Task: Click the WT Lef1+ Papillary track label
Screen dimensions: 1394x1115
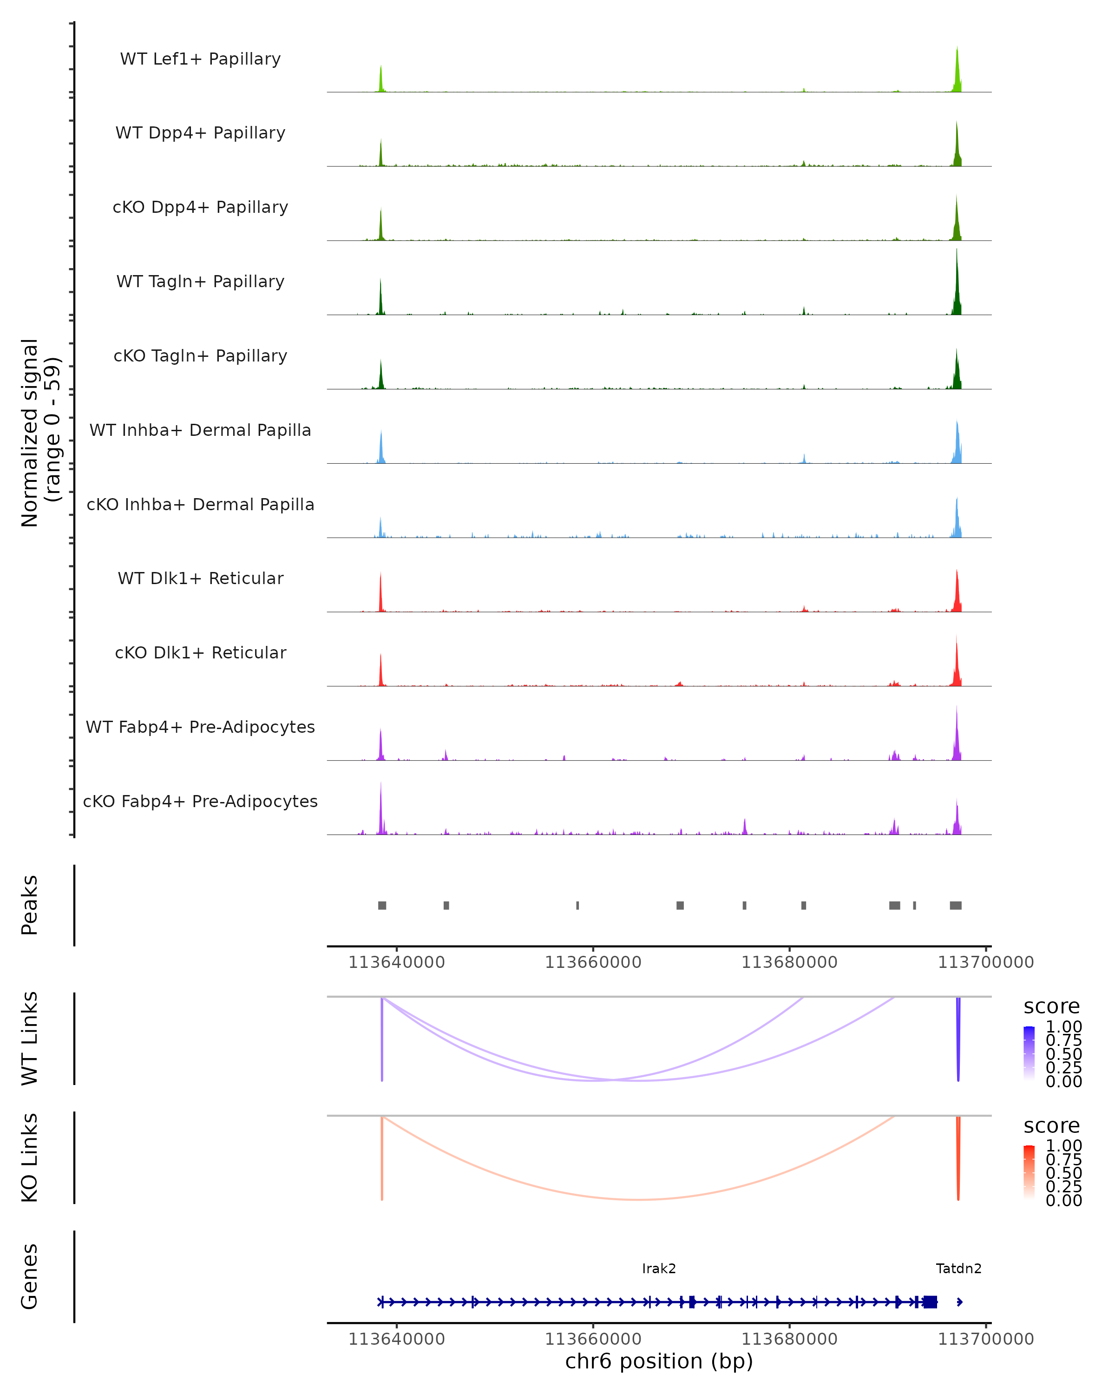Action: pyautogui.click(x=200, y=59)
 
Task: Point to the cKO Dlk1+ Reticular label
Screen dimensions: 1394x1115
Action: pyautogui.click(x=200, y=652)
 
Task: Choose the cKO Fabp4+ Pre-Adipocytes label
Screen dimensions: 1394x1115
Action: pyautogui.click(x=200, y=801)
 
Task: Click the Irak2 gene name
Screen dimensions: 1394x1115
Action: pyautogui.click(x=659, y=1269)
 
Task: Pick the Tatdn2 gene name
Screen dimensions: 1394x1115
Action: pyautogui.click(x=958, y=1269)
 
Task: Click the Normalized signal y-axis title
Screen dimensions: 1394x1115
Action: pyautogui.click(x=40, y=433)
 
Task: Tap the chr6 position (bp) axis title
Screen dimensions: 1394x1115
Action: pyautogui.click(x=659, y=1361)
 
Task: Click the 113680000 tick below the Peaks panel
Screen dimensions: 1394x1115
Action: pyautogui.click(x=789, y=962)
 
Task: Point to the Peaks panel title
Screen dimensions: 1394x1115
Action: pyautogui.click(x=30, y=905)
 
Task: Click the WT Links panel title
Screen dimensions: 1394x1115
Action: pyautogui.click(x=30, y=1039)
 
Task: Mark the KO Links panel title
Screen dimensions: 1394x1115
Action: pyautogui.click(x=30, y=1157)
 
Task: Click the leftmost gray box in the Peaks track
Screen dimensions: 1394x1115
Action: pyautogui.click(x=382, y=905)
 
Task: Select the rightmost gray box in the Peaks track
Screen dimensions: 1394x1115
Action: pyautogui.click(x=955, y=905)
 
